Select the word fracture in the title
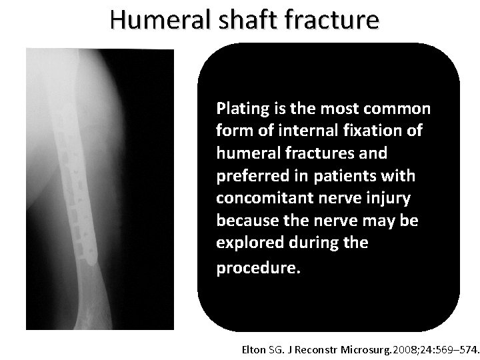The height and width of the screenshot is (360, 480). pyautogui.click(x=333, y=20)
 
